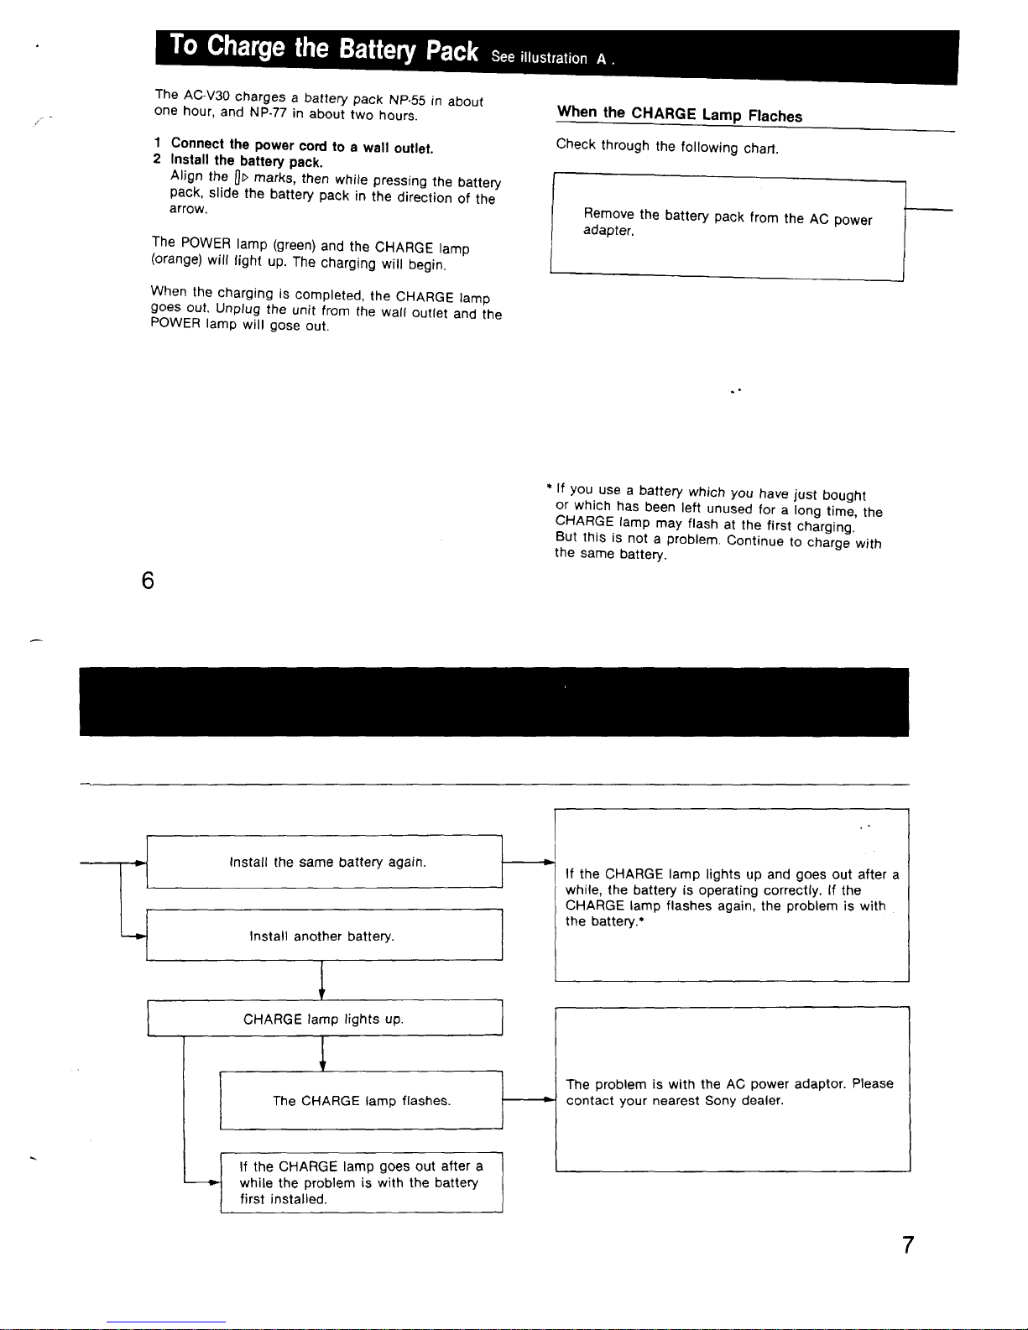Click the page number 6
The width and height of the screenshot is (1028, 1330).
coord(148,580)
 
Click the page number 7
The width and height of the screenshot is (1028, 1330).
coord(908,1244)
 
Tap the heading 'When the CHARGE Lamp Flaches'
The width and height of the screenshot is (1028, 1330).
coord(680,114)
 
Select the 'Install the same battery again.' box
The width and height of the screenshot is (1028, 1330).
coord(325,862)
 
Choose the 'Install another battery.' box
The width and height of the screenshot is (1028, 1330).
coord(325,936)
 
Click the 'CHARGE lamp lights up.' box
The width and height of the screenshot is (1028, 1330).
coord(325,1019)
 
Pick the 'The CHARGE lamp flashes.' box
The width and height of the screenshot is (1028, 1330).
coord(362,1100)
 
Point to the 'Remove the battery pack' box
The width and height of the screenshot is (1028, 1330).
coord(728,224)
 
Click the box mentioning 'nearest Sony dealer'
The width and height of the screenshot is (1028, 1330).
coord(732,1091)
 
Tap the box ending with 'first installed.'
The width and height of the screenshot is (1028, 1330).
coord(362,1182)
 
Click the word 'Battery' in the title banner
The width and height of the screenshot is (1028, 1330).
coord(378,50)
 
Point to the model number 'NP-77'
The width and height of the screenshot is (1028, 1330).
coord(269,112)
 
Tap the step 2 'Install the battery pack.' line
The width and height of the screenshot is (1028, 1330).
coord(247,160)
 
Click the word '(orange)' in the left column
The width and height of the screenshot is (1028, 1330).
coord(177,259)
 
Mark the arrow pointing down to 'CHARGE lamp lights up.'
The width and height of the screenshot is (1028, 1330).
coord(322,982)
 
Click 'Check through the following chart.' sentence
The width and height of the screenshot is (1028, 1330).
coord(667,147)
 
